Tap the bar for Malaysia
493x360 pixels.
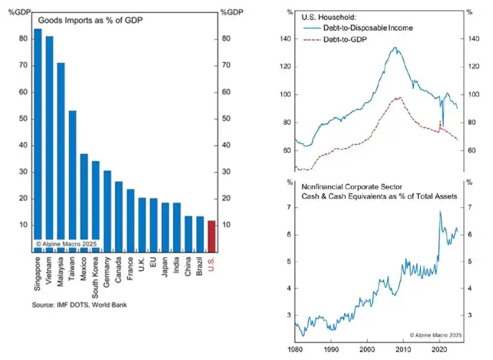tap(61, 156)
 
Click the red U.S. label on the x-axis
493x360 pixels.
tap(211, 265)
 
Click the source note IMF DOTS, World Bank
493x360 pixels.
tap(79, 305)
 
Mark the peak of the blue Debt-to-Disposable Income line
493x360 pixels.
tap(394, 47)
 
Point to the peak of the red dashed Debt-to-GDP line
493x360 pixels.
tap(397, 97)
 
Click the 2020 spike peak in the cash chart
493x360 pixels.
tap(440, 212)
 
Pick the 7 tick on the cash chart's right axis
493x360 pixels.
tap(470, 207)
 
